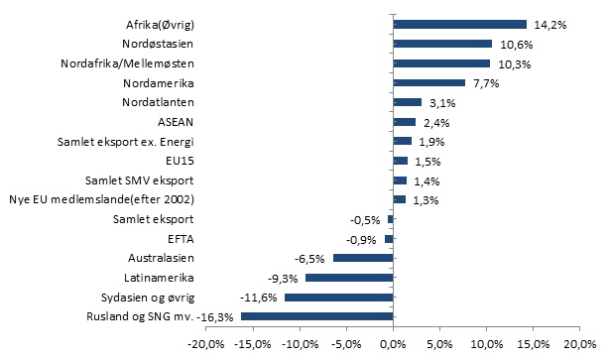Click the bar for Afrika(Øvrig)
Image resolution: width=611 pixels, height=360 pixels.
pos(460,24)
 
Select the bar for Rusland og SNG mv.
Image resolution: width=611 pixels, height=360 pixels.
pos(317,316)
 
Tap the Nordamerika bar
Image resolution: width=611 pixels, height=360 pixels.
pos(429,83)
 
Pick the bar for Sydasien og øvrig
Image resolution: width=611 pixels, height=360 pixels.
pos(339,297)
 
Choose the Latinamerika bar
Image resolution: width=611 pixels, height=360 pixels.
pos(350,278)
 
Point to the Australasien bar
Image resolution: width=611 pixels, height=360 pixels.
pos(363,258)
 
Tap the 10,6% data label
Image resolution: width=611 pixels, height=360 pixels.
pos(514,44)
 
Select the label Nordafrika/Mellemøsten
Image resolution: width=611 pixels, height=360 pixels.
pos(128,63)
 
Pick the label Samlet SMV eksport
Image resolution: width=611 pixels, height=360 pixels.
pos(140,180)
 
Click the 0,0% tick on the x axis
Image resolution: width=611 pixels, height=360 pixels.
pos(394,344)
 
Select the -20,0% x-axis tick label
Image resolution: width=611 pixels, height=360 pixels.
pos(205,344)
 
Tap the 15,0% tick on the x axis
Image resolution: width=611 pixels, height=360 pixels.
pos(535,344)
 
